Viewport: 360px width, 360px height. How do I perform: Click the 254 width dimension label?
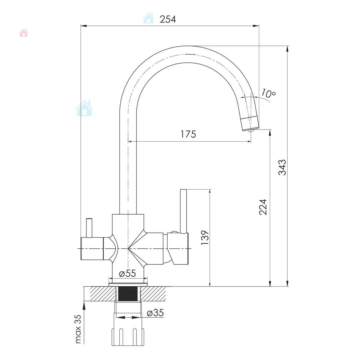click(168, 19)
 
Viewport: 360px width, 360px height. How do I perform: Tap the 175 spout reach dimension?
click(188, 134)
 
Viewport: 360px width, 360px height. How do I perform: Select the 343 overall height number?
click(282, 167)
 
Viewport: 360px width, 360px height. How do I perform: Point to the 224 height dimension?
click(263, 207)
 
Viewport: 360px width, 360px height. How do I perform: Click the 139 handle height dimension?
click(205, 238)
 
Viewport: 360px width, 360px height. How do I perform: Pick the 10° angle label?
click(268, 93)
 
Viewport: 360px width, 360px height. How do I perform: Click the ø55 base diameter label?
click(127, 273)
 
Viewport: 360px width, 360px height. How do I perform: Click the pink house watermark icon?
click(23, 33)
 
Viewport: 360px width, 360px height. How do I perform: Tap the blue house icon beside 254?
click(148, 18)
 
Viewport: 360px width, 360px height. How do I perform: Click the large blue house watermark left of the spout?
click(84, 108)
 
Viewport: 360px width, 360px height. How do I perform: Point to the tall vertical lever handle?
click(183, 211)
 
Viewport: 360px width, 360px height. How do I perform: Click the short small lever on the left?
click(89, 228)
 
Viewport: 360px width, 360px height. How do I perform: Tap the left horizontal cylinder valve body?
click(92, 248)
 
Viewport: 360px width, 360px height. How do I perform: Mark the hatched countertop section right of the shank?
click(153, 294)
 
